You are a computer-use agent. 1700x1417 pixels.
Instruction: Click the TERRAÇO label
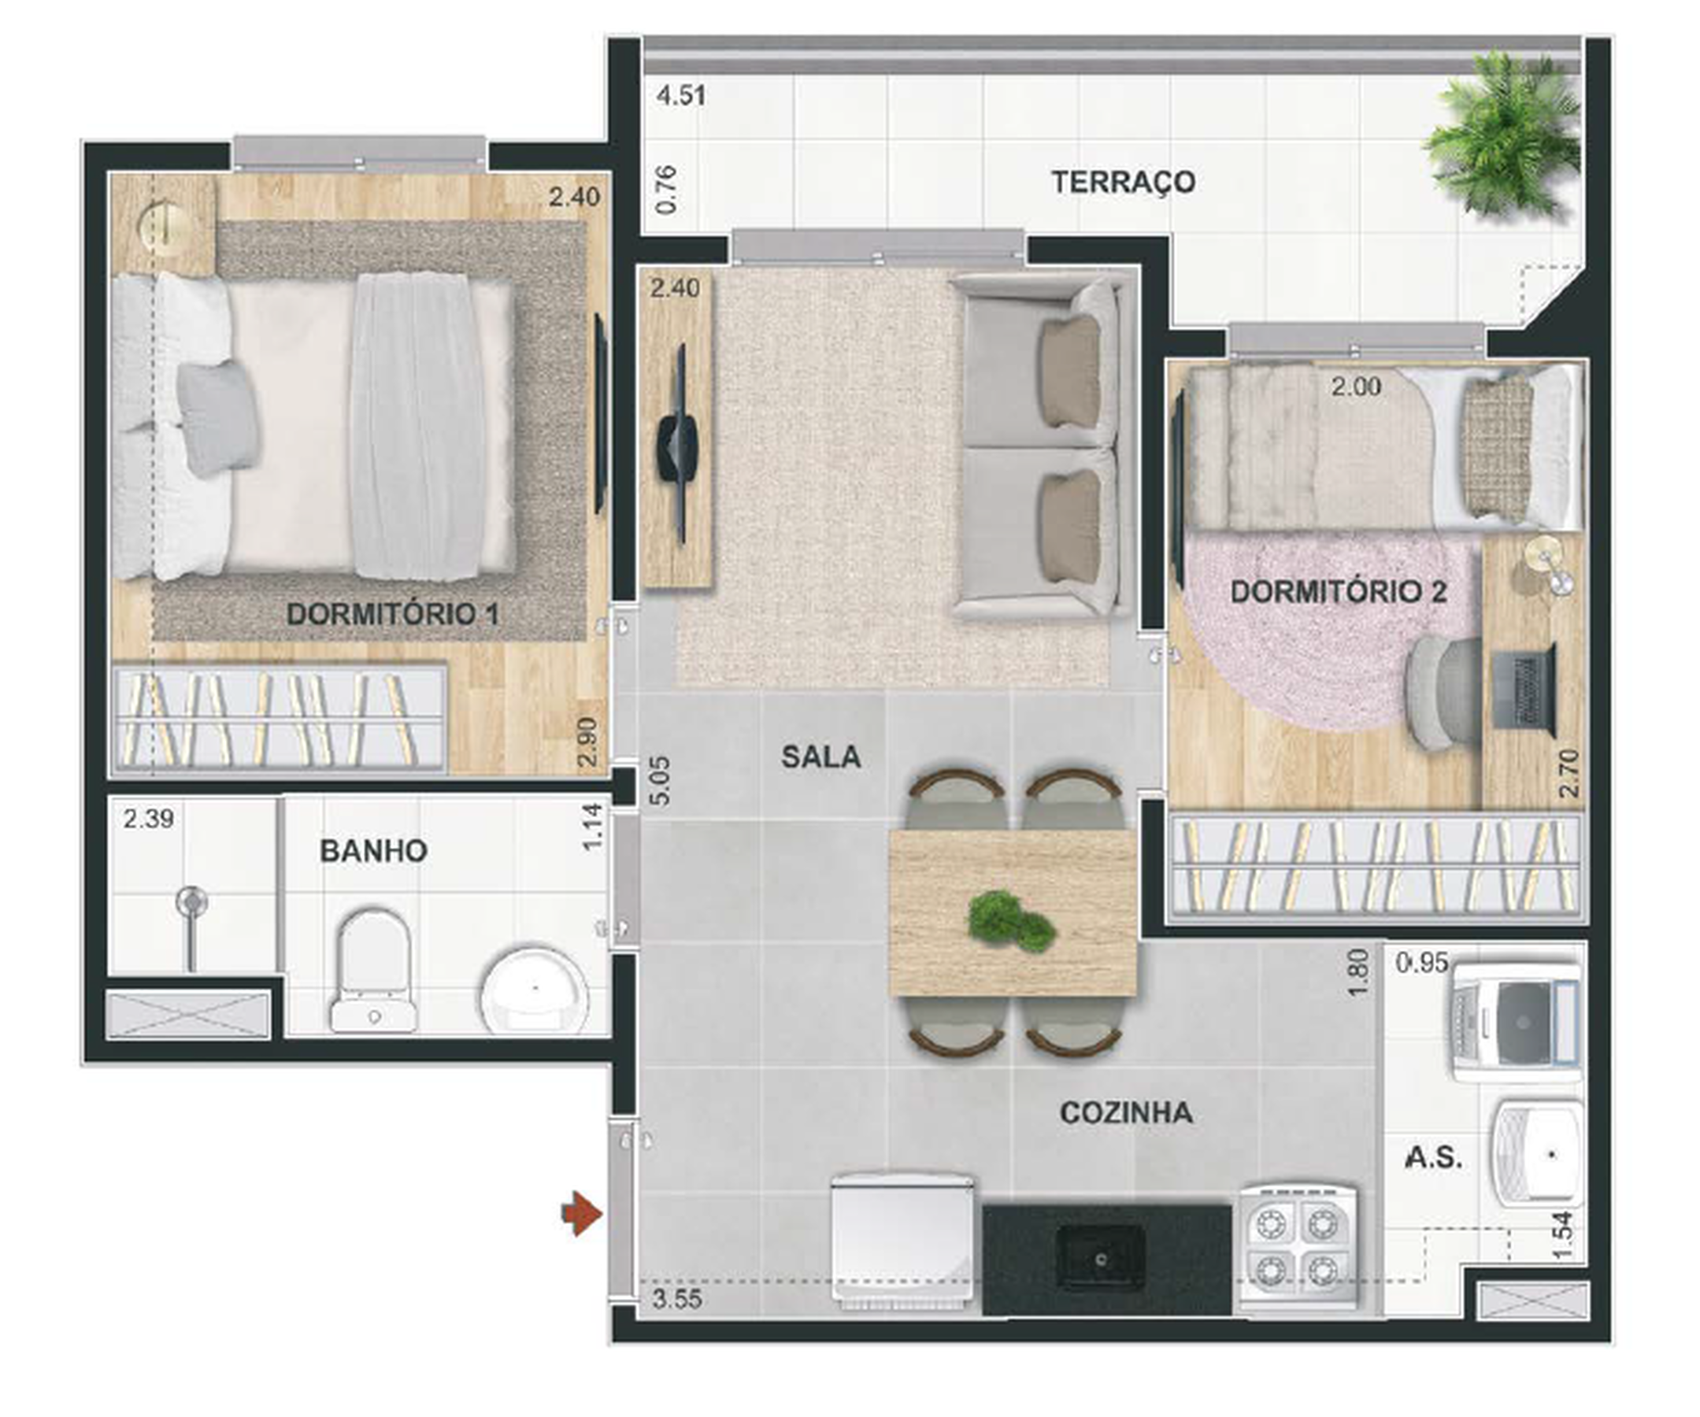click(1123, 182)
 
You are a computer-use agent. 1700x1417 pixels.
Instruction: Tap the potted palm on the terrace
click(1502, 134)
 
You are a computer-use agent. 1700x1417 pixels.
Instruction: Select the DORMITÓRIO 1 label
click(393, 614)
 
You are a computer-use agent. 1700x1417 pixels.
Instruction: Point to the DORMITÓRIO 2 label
click(1338, 592)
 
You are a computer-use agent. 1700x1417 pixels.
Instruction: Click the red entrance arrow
click(582, 1214)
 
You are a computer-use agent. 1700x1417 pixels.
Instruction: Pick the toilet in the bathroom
click(373, 971)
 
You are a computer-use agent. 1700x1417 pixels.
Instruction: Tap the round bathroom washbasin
click(534, 989)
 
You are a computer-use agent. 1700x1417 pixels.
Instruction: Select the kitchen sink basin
click(1101, 1257)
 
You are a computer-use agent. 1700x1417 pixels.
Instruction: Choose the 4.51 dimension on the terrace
click(681, 95)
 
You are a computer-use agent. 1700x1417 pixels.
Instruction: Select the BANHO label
click(373, 850)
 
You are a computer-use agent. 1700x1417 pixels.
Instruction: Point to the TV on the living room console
click(679, 442)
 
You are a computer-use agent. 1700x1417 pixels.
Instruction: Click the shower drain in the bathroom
click(192, 901)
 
